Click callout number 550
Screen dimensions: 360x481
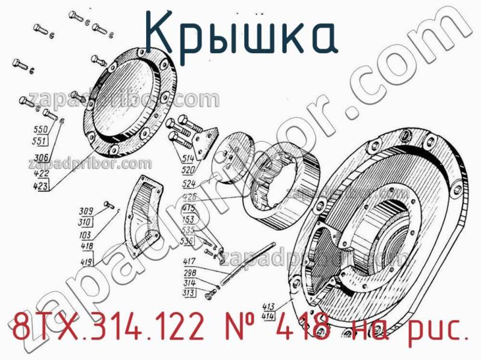pyautogui.click(x=41, y=130)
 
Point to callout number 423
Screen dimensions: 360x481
pyautogui.click(x=41, y=186)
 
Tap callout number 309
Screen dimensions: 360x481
pyautogui.click(x=86, y=211)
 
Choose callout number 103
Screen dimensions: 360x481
pyautogui.click(x=86, y=236)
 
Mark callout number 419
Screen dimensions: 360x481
pyautogui.click(x=86, y=262)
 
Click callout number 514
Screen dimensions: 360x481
pyautogui.click(x=189, y=159)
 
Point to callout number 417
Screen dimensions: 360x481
pyautogui.click(x=191, y=261)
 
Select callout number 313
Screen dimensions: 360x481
pyautogui.click(x=191, y=293)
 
